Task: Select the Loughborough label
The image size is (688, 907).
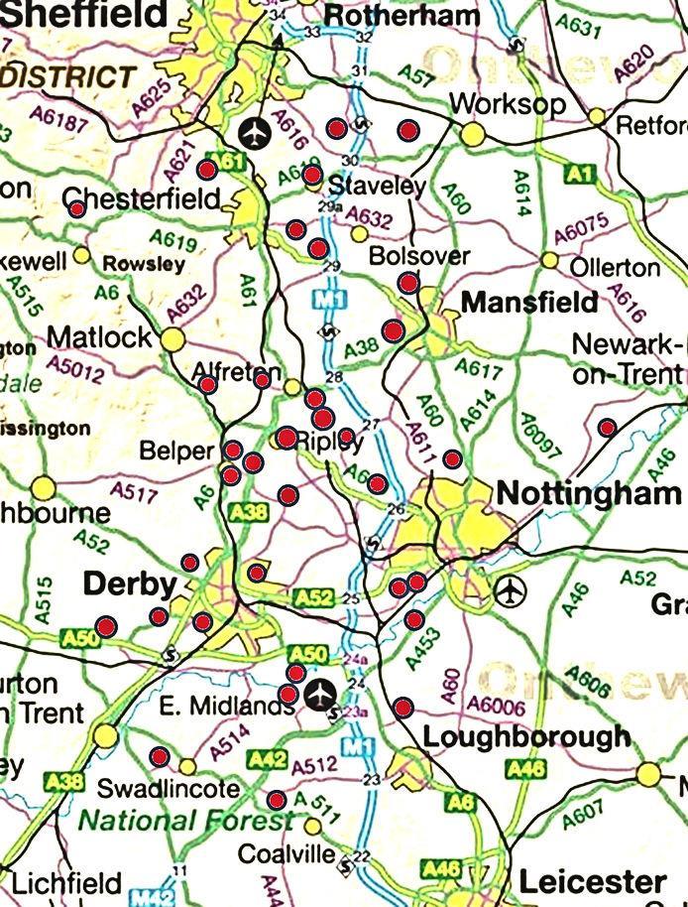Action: (526, 736)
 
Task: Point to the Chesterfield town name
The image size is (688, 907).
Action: (142, 198)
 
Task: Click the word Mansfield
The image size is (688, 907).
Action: (529, 302)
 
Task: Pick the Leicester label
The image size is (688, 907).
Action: (592, 880)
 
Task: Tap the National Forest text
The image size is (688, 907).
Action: (185, 821)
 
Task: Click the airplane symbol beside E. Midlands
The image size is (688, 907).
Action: (319, 694)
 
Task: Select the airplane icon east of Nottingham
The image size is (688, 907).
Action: (510, 589)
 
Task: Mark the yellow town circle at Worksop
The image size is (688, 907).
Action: (473, 133)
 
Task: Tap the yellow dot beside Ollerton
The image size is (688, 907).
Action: (549, 260)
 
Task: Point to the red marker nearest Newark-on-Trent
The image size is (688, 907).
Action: (607, 428)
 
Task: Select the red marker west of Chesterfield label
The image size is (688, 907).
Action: (76, 208)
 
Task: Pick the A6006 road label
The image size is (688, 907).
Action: (495, 706)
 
